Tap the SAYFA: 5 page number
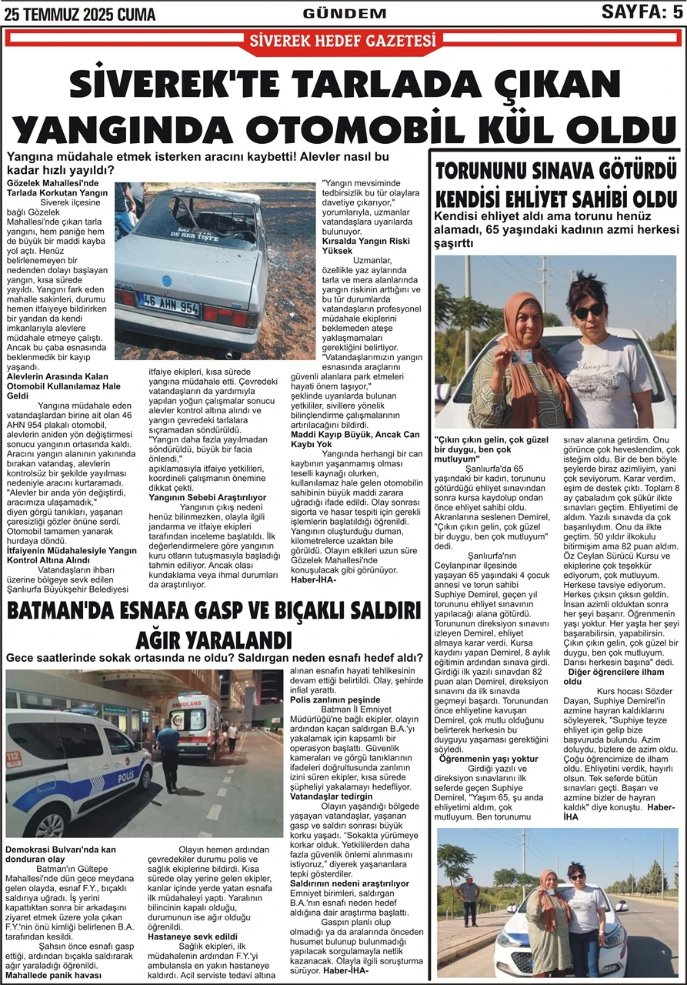coord(641,12)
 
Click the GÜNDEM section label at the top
coord(344,13)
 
